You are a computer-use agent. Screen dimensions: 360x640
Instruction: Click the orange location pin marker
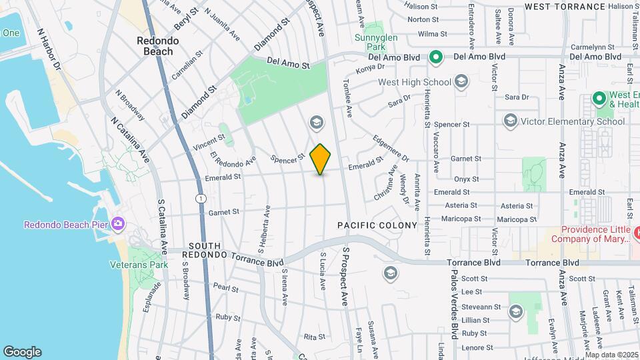[321, 159]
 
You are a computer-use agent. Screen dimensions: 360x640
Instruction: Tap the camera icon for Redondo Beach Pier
[119, 223]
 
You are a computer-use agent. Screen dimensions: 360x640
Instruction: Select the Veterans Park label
[139, 264]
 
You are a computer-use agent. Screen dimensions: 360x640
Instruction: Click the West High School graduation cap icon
[461, 82]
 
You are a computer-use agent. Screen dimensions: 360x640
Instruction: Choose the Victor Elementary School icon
[511, 121]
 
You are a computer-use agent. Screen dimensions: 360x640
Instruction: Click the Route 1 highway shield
[199, 198]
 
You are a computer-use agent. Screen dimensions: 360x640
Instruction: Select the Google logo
[22, 351]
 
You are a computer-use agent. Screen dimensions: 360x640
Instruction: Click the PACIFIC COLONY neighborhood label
[377, 225]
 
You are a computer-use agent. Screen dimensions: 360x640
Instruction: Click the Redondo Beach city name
[158, 46]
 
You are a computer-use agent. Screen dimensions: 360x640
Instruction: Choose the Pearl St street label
[226, 288]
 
